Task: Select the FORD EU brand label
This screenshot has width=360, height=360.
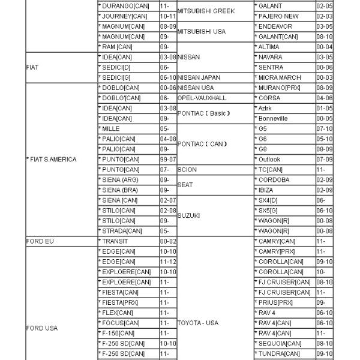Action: (40, 241)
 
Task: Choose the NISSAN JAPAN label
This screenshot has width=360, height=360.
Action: (200, 78)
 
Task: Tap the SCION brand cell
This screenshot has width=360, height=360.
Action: (187, 170)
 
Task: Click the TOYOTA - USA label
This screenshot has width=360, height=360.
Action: (198, 323)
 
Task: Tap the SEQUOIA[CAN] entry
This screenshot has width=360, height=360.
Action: (280, 343)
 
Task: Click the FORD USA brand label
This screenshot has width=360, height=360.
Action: (42, 328)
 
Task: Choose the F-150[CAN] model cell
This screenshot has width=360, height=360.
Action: (119, 333)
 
